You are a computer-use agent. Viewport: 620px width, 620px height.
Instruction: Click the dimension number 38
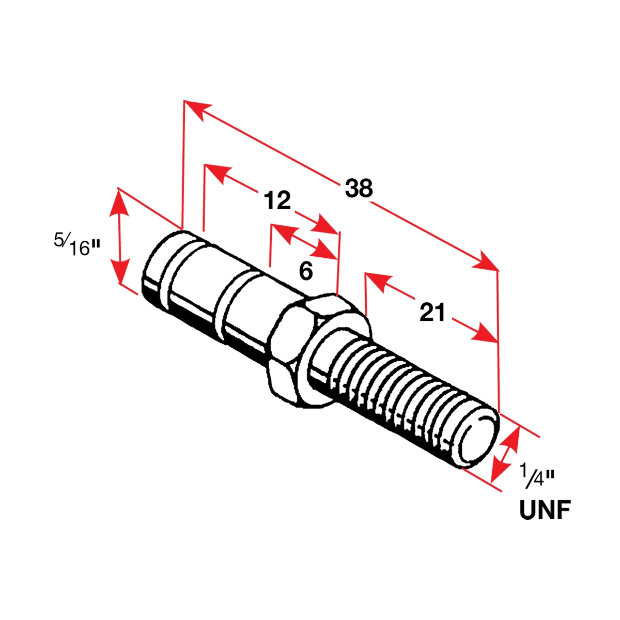(x=359, y=189)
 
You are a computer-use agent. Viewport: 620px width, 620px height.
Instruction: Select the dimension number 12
(x=277, y=200)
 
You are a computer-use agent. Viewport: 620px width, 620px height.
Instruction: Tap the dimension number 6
(x=306, y=271)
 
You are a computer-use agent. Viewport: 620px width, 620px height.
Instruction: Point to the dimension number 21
(x=432, y=313)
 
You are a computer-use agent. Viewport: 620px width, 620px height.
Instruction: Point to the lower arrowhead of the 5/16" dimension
(x=120, y=269)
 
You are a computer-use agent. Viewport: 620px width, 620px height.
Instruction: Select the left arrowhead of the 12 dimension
(x=217, y=174)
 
